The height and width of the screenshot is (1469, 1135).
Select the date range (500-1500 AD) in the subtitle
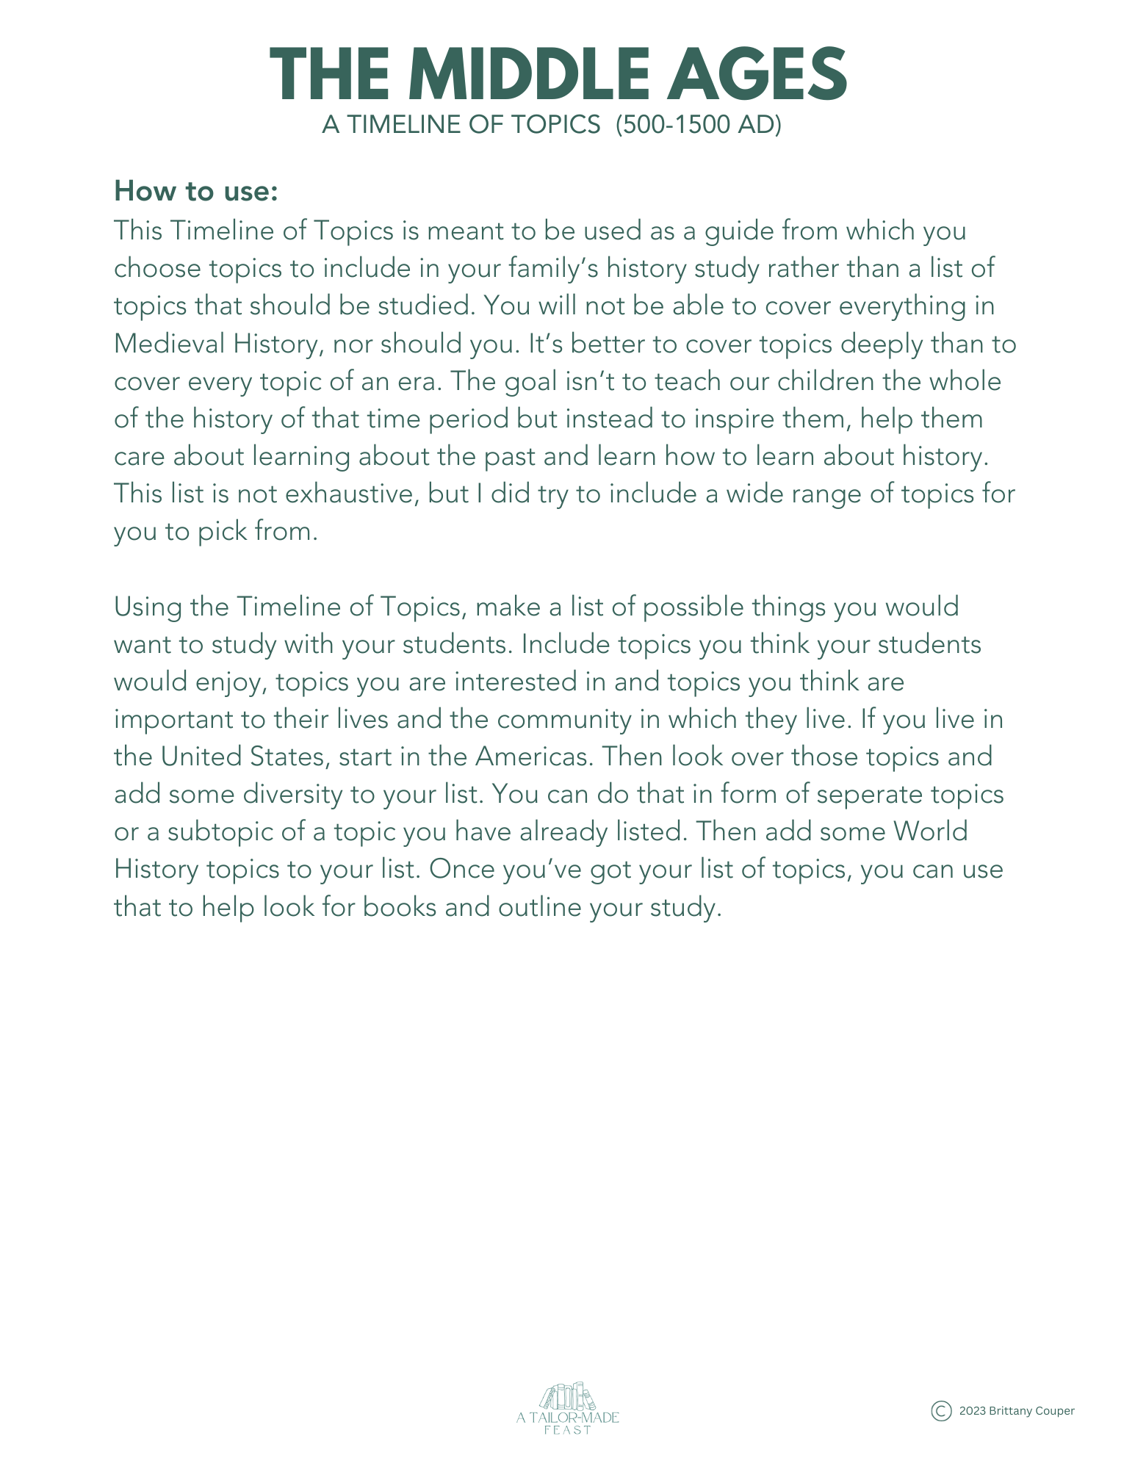[x=698, y=125]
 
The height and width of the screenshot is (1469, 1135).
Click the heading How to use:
[x=196, y=191]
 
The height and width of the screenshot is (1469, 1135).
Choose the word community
[x=563, y=719]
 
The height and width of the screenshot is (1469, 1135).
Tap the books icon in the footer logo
[x=567, y=1396]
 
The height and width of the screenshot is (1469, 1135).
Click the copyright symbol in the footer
[x=941, y=1411]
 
